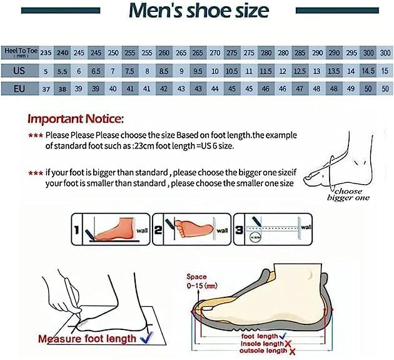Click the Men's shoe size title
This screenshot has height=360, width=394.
[x=198, y=11]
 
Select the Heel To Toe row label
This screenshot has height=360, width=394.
[x=19, y=53]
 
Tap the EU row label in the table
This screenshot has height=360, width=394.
[x=19, y=88]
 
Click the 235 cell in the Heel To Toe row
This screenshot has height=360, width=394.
[x=46, y=53]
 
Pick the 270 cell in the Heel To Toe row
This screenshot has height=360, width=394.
[x=215, y=53]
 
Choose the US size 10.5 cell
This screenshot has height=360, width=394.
[x=231, y=71]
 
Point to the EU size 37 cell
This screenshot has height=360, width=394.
[x=46, y=88]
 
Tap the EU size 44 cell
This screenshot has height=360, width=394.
[x=215, y=88]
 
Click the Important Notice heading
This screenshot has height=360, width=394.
[x=76, y=118]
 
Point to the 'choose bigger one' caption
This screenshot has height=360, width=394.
[x=348, y=194]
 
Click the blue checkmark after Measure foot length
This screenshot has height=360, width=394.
[x=148, y=338]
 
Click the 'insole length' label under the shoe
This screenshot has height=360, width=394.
[x=263, y=344]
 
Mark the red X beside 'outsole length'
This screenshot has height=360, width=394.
[x=290, y=352]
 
